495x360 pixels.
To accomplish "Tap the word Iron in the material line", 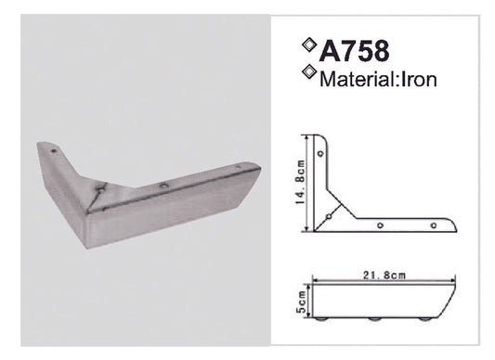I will [x=417, y=79].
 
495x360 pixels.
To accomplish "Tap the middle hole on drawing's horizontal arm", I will [x=383, y=224].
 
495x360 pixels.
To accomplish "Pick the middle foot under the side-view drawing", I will [x=373, y=322].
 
